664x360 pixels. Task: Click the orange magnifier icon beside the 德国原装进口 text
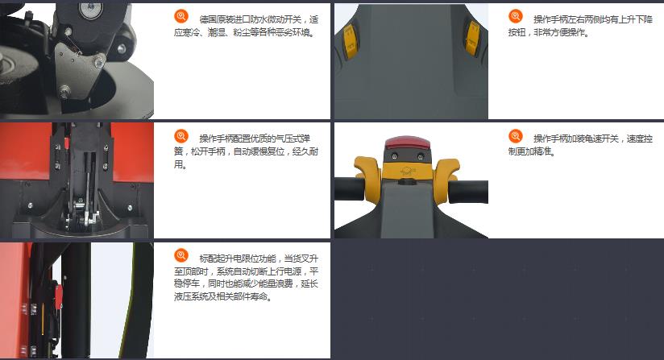(181, 16)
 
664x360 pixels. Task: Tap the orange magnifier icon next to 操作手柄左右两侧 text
(516, 16)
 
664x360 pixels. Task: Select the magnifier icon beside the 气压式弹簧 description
(181, 136)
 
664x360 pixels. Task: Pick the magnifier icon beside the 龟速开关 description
(516, 136)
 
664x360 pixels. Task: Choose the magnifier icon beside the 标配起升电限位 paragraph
(181, 255)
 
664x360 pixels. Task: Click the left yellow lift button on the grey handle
(350, 41)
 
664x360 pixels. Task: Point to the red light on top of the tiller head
(407, 143)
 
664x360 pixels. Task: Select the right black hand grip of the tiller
(468, 192)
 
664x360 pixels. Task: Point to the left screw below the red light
(395, 156)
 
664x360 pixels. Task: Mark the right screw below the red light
(421, 157)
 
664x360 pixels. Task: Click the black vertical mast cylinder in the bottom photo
(77, 300)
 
